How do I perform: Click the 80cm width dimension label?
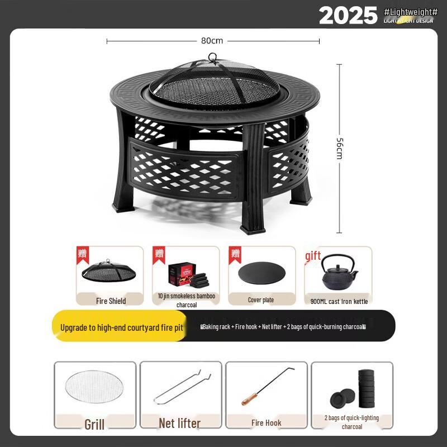(x=212, y=41)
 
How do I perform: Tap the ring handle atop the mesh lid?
(x=212, y=57)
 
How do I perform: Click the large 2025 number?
(x=348, y=16)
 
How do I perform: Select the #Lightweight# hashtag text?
(x=411, y=12)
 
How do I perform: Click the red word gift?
(x=313, y=256)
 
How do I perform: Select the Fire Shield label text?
(x=111, y=301)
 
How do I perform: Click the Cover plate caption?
(x=261, y=300)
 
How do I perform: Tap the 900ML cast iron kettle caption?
(x=339, y=301)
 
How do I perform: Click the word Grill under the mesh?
(x=94, y=424)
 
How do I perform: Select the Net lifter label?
(x=179, y=424)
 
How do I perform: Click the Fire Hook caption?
(x=266, y=423)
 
